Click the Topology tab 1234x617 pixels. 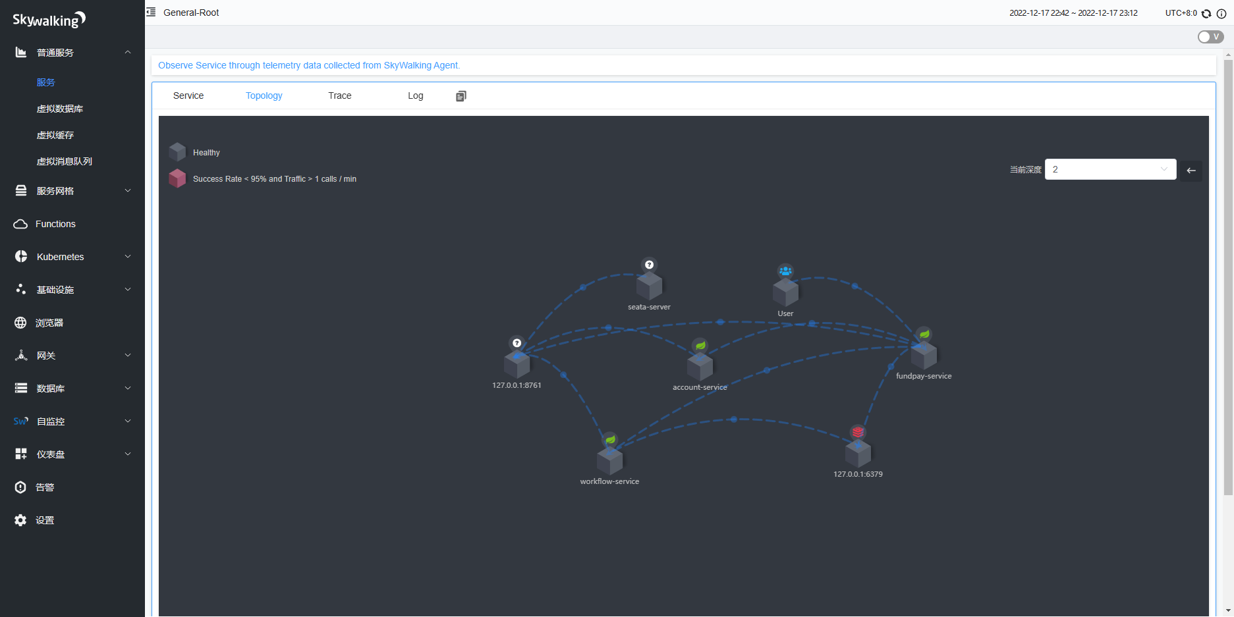click(x=264, y=95)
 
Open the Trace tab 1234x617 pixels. click(x=339, y=95)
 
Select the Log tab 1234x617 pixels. click(x=415, y=95)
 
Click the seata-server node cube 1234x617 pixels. click(x=649, y=286)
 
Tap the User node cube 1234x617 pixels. click(x=785, y=292)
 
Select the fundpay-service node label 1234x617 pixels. click(x=924, y=376)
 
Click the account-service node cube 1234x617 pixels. click(x=700, y=367)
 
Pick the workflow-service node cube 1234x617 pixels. click(x=609, y=461)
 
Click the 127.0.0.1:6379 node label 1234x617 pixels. click(x=858, y=474)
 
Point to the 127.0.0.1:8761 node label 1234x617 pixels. click(x=517, y=385)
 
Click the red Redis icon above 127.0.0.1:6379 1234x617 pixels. click(x=858, y=432)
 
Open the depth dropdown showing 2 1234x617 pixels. click(x=1110, y=169)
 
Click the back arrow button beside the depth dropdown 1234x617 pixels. click(x=1191, y=171)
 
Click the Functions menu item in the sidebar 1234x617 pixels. click(x=55, y=224)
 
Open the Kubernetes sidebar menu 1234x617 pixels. click(x=60, y=257)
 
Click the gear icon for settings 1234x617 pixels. click(x=20, y=520)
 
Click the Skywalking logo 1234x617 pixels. click(x=49, y=20)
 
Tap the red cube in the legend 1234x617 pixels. click(x=177, y=178)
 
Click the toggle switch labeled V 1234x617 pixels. click(x=1210, y=37)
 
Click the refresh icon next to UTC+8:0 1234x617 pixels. click(x=1206, y=13)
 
